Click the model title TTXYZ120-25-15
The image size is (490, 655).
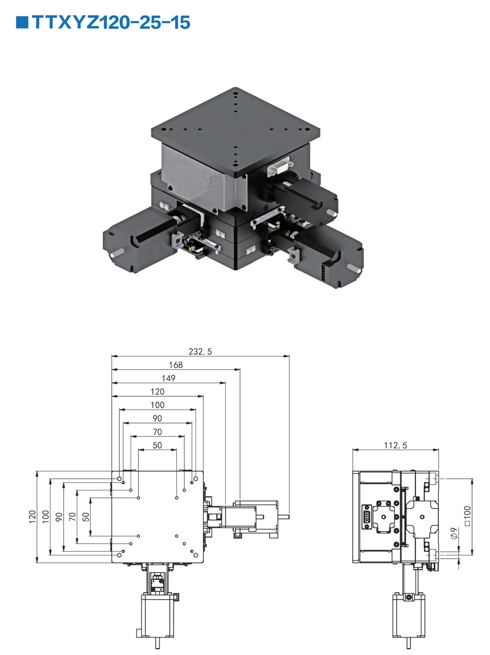click(111, 23)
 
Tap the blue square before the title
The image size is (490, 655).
click(22, 23)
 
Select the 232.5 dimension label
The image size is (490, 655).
click(200, 351)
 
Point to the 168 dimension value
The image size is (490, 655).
click(176, 365)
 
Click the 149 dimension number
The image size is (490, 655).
click(168, 378)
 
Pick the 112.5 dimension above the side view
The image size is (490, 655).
click(395, 445)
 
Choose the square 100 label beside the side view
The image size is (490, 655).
click(467, 516)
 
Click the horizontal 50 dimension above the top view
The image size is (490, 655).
click(157, 445)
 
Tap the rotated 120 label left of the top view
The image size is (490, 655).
click(32, 516)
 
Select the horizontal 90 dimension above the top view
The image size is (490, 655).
click(157, 418)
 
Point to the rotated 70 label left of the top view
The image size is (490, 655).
click(72, 516)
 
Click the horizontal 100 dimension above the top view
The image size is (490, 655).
click(157, 405)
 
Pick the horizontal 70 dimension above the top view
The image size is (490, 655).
click(157, 432)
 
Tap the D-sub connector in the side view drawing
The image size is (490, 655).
click(367, 516)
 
